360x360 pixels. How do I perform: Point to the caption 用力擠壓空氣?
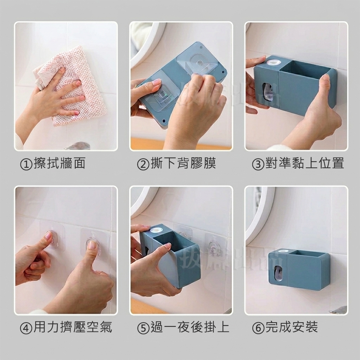click(72, 327)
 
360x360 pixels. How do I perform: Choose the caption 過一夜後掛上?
click(190, 327)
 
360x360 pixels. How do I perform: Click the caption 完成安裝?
click(292, 327)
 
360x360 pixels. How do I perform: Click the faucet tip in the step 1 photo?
click(77, 146)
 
